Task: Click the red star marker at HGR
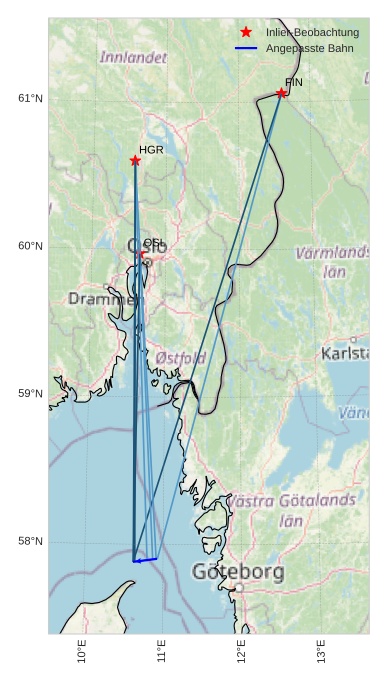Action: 135,161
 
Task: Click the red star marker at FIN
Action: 282,94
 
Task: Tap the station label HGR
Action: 151,150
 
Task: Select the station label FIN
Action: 293,83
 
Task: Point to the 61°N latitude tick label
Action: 30,98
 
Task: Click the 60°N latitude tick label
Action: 30,246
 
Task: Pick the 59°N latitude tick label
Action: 30,394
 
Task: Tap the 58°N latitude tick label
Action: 30,542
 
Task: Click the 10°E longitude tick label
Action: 82,651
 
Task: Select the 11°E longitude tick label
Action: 162,651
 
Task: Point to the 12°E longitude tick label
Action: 242,651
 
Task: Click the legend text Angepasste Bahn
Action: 309,48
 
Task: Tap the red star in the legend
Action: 246,32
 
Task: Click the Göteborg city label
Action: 224,573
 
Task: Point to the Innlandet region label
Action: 133,58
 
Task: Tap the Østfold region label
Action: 181,358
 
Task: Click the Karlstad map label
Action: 344,354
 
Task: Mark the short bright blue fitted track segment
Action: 146,560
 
